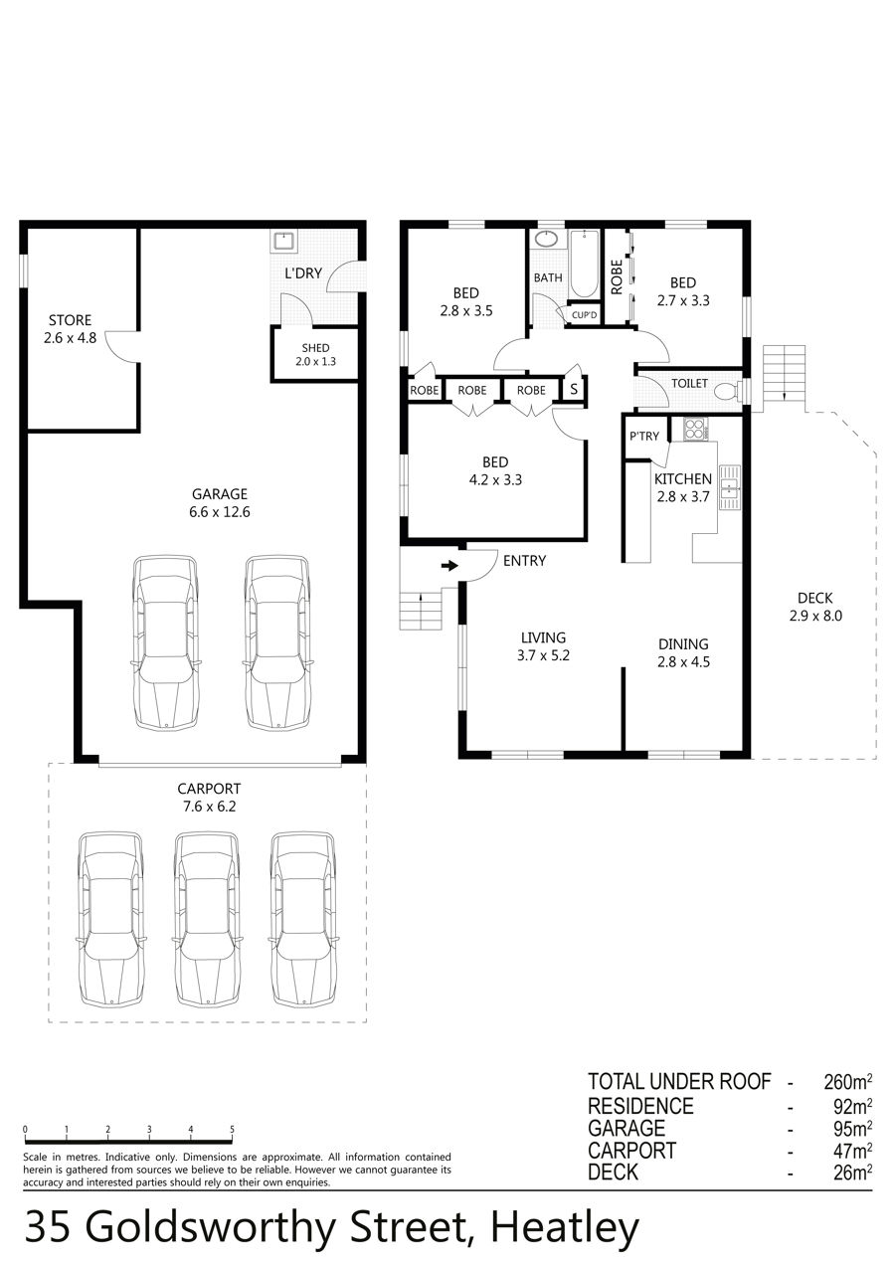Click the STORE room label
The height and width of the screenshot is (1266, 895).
pos(70,320)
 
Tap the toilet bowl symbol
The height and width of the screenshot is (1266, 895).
pos(729,390)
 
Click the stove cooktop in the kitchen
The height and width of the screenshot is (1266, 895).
pos(695,429)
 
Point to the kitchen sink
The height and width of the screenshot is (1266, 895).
pos(730,487)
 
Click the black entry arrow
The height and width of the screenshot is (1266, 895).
pos(449,565)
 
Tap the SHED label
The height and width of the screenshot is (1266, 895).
pos(315,348)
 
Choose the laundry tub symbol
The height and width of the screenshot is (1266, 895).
pos(282,242)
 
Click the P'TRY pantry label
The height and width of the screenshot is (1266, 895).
pos(644,436)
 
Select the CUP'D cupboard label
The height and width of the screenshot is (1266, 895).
pos(585,315)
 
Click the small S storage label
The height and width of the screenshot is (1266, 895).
pos(574,389)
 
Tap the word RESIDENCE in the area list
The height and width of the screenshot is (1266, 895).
pos(640,1106)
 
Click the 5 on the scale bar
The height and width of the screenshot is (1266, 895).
pos(232,1129)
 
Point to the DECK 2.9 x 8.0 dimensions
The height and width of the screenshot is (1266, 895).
pos(815,616)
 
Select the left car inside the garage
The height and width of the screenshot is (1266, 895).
pos(165,642)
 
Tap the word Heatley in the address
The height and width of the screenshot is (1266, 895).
pos(565,1228)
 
